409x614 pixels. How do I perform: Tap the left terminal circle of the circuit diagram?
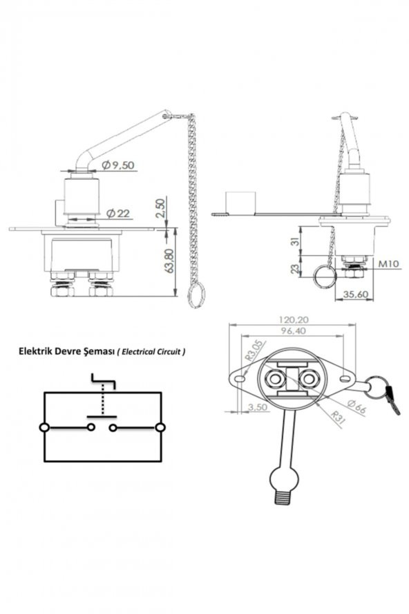[x=45, y=428]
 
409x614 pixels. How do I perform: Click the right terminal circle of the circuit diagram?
[x=161, y=428]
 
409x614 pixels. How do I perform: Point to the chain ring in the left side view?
[x=193, y=295]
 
